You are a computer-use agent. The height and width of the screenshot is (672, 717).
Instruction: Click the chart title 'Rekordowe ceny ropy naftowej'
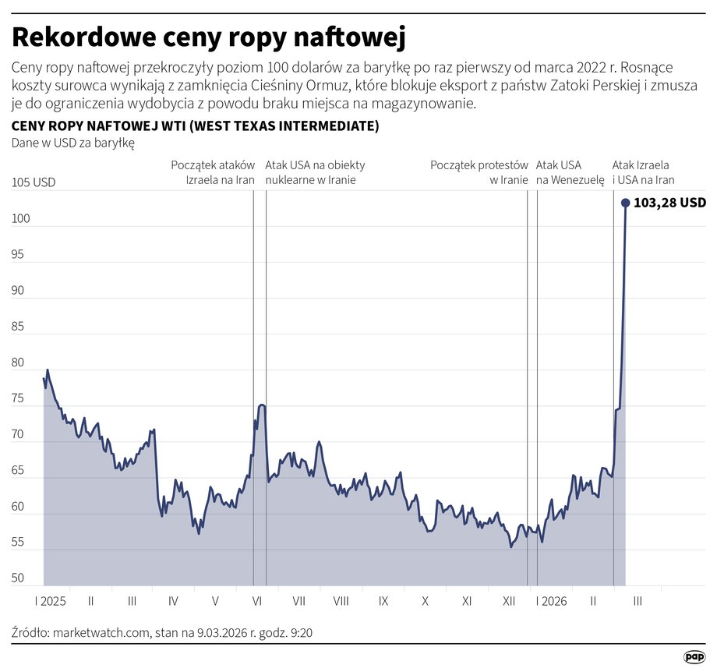pyautogui.click(x=209, y=37)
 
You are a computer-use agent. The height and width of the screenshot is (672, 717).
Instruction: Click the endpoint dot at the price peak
pyautogui.click(x=625, y=203)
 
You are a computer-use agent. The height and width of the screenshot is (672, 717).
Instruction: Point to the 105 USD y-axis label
pyautogui.click(x=34, y=182)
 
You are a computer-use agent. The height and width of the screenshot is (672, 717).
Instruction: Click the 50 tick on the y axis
pyautogui.click(x=19, y=579)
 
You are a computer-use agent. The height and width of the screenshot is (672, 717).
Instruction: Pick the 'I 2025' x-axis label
pyautogui.click(x=50, y=601)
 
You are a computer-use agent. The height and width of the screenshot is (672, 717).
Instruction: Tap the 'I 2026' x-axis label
pyautogui.click(x=551, y=601)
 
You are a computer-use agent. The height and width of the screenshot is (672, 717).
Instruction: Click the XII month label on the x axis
pyautogui.click(x=509, y=601)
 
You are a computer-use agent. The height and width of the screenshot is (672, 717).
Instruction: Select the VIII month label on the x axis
pyautogui.click(x=341, y=601)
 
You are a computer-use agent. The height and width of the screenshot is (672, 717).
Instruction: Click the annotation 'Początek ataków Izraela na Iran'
pyautogui.click(x=213, y=172)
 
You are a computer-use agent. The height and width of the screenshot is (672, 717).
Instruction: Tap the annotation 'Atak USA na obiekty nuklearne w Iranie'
pyautogui.click(x=314, y=172)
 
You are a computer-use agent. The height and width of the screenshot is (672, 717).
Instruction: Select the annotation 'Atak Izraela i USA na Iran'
pyautogui.click(x=643, y=172)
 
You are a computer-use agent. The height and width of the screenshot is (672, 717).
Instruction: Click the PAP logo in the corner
pyautogui.click(x=694, y=656)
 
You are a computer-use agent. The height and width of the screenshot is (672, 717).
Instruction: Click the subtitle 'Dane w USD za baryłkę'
pyautogui.click(x=73, y=143)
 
